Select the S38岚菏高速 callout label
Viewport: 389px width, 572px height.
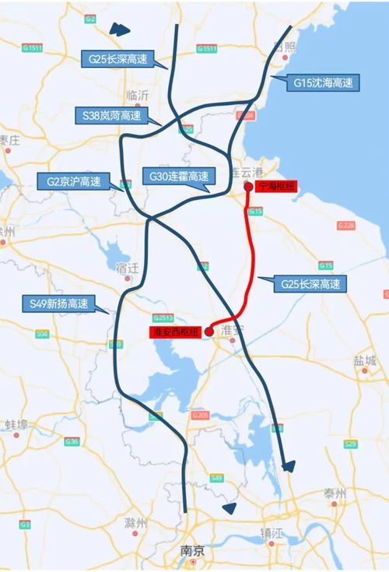111,115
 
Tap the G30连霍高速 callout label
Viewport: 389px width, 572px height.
177,177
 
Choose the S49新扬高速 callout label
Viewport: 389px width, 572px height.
54,303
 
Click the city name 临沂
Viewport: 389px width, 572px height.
137,95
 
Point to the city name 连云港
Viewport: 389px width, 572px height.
247,171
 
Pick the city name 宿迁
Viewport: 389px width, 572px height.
126,267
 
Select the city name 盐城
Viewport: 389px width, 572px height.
365,360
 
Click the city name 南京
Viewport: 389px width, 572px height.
193,551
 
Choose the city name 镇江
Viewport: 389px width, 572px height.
272,533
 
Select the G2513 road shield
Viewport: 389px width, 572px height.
163,318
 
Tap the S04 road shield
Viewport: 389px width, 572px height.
42,334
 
